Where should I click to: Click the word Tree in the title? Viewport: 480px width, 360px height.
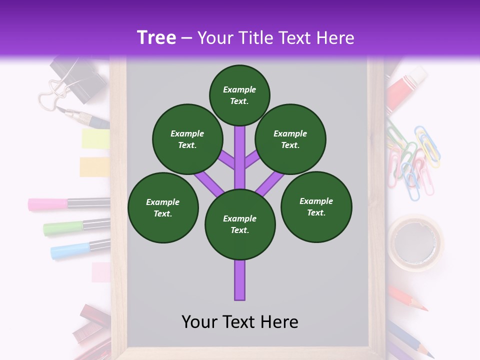[156, 37]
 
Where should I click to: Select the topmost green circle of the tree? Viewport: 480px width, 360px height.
[239, 95]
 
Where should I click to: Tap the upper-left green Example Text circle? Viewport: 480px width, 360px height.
[187, 139]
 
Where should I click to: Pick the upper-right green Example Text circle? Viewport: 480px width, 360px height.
[290, 139]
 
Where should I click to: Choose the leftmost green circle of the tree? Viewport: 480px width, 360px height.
[163, 207]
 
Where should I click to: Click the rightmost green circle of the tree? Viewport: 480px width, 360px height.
[316, 206]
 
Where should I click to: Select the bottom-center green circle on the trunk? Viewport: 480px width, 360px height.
[240, 224]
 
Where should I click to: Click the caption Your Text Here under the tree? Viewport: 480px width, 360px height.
[240, 321]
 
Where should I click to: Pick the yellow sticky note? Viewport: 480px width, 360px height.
[95, 138]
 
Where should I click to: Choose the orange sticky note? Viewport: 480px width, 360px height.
[94, 166]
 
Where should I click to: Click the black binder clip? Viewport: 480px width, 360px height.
[80, 75]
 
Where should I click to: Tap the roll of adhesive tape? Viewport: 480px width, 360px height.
[416, 242]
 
